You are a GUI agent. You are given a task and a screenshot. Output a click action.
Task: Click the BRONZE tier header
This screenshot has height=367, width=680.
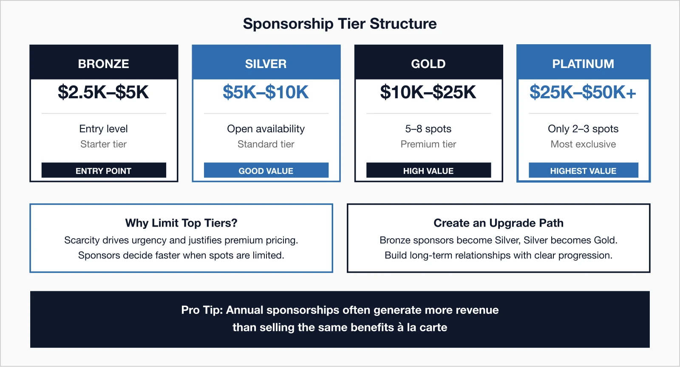point(104,63)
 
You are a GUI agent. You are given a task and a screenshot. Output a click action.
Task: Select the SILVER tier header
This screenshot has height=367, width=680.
point(266,63)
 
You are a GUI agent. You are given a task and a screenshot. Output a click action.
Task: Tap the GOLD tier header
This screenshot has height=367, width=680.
point(428,63)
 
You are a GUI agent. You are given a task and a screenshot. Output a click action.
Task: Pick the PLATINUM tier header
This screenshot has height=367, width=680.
point(583,63)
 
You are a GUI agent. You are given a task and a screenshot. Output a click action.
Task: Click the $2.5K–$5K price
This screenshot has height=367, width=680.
point(104,92)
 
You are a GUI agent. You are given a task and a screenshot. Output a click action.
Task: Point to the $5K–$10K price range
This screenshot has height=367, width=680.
point(266,92)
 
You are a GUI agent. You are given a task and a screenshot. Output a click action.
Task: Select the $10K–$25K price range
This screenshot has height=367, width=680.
point(428,92)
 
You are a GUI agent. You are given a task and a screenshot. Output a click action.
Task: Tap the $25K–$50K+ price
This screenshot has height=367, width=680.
point(583,92)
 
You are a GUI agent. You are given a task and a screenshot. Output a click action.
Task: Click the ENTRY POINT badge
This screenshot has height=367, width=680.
point(104,171)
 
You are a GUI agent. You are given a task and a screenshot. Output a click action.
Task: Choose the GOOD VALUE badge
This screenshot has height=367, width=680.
point(266,171)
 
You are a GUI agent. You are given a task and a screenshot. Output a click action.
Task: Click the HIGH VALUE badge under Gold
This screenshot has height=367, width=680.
point(428,171)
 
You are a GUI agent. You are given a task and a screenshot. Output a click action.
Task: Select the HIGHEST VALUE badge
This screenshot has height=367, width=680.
point(583,171)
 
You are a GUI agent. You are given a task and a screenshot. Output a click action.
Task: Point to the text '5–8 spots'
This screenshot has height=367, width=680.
point(428,129)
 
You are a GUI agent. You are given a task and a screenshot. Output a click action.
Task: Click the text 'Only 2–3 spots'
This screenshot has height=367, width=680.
point(583,129)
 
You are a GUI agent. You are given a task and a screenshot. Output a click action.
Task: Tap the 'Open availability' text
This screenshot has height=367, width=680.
point(266,129)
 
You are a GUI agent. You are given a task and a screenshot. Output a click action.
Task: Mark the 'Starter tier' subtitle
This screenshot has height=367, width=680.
point(104,144)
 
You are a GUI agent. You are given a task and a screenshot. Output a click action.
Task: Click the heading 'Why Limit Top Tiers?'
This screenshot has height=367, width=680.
point(181,223)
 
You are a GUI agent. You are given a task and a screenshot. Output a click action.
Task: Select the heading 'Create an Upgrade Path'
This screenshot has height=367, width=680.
point(499,223)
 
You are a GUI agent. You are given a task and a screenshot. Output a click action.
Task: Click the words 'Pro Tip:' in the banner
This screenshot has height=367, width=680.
point(202,310)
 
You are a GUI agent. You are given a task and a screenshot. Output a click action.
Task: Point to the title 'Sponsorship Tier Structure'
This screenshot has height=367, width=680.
point(340,24)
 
